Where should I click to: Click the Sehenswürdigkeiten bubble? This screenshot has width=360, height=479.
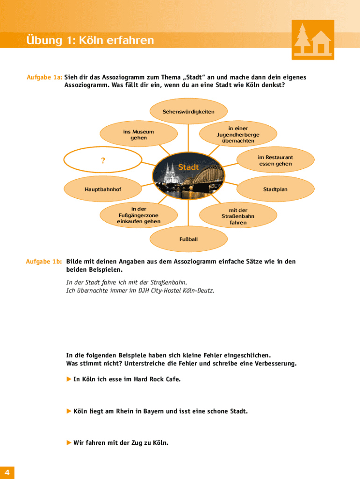pos(188,112)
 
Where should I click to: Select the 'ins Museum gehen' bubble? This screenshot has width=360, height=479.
pos(138,135)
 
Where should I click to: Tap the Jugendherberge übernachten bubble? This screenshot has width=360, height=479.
pos(238,135)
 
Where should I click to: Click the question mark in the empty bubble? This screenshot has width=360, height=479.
pos(103,161)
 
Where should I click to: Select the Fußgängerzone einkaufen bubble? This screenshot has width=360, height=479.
pos(138,215)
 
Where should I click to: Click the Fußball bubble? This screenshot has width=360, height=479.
pos(188,239)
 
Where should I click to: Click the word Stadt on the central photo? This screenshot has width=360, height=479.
pos(188,167)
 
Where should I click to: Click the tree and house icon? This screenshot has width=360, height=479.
pos(313,40)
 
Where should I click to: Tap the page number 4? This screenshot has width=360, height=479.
pos(7,472)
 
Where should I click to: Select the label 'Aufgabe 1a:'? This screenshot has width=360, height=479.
pos(44,77)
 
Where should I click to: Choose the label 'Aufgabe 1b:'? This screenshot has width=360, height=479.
pos(44,262)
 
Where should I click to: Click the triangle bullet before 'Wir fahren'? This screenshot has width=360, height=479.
pos(69,443)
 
